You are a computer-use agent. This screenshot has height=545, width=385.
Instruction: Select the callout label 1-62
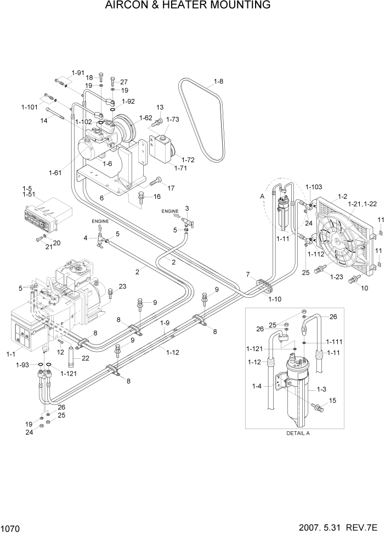pos(146,118)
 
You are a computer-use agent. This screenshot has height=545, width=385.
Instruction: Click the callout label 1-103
pos(314,187)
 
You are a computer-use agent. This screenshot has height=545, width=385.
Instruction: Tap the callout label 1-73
pos(172,119)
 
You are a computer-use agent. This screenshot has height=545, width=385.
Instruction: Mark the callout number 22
pos(85,358)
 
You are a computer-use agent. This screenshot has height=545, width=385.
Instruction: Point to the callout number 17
pos(171,188)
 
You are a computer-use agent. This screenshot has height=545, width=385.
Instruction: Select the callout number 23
pos(122,286)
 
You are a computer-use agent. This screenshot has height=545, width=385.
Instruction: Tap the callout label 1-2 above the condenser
pos(343,196)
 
